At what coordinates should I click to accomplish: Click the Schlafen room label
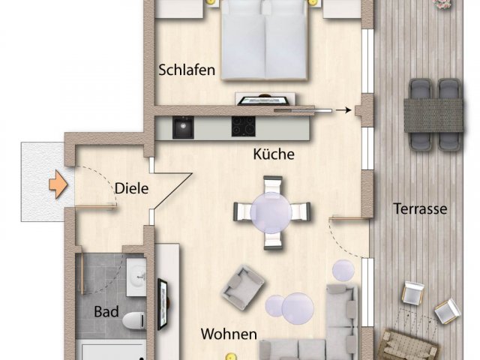(x=187, y=70)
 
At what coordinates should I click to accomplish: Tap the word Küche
(x=274, y=154)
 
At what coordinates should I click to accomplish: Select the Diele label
(x=132, y=188)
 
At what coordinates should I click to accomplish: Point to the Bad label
(x=106, y=312)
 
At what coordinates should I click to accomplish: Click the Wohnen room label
(x=229, y=334)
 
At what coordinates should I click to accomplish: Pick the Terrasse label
(x=420, y=208)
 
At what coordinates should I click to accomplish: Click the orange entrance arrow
(x=58, y=184)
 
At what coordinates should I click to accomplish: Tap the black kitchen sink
(x=183, y=127)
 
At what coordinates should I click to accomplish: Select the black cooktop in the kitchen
(x=243, y=126)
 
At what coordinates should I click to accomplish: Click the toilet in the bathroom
(x=133, y=320)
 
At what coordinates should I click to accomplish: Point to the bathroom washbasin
(x=136, y=277)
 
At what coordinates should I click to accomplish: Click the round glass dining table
(x=271, y=212)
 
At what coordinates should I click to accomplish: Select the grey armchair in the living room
(x=243, y=287)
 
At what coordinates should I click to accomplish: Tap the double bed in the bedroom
(x=264, y=40)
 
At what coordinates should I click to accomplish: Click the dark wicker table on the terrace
(x=433, y=115)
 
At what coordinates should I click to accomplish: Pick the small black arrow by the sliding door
(x=343, y=110)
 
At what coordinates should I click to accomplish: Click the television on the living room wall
(x=163, y=304)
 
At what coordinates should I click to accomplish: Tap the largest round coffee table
(x=298, y=308)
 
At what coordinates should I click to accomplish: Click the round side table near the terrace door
(x=343, y=271)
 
